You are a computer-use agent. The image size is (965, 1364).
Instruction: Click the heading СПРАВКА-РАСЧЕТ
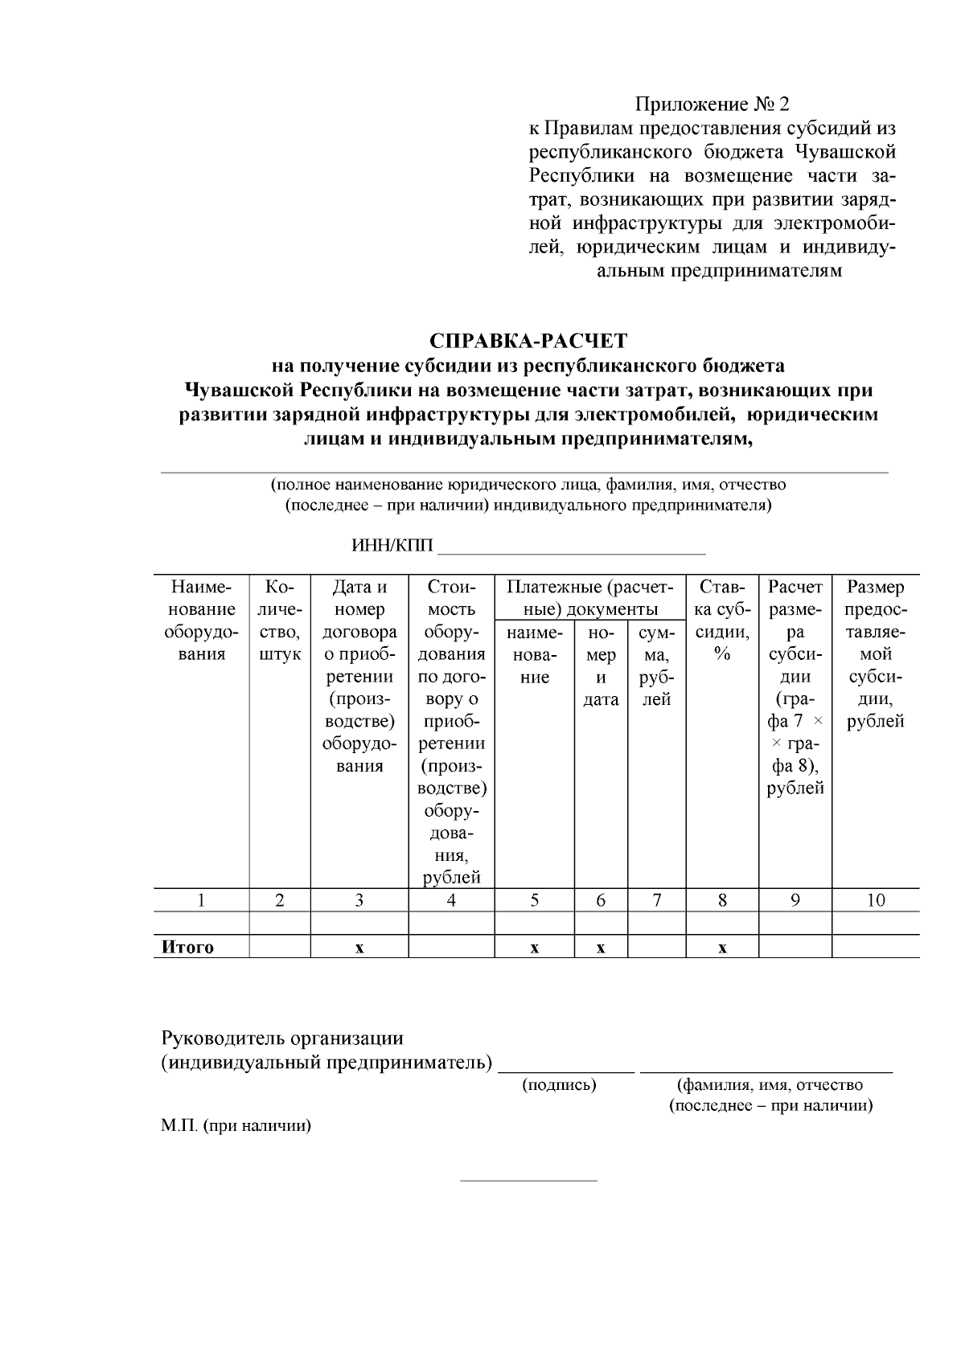tap(528, 341)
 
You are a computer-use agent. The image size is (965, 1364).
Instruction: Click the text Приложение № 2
tap(712, 104)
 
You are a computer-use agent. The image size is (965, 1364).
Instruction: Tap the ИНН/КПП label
tap(392, 547)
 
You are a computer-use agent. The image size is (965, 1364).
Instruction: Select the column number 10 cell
tap(875, 900)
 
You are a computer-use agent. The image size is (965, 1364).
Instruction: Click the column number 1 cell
tap(201, 900)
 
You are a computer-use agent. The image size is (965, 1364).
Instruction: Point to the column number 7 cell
tap(656, 900)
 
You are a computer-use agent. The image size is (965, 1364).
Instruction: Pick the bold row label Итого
tap(188, 947)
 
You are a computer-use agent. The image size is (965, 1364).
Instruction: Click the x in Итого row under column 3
tap(359, 948)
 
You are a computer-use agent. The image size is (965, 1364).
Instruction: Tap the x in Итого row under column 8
tap(722, 948)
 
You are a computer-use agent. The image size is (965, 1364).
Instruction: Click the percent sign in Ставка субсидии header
tap(722, 654)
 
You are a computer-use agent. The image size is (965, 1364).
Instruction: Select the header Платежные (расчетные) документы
tap(590, 598)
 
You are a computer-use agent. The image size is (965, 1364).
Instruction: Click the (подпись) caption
tap(560, 1085)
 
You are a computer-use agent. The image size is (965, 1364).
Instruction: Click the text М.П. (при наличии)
tap(236, 1125)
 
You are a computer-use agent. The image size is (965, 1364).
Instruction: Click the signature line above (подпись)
tap(566, 1071)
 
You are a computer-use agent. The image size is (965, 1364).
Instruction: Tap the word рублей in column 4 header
tap(451, 878)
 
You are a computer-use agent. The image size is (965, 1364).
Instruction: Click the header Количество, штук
tap(279, 621)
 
